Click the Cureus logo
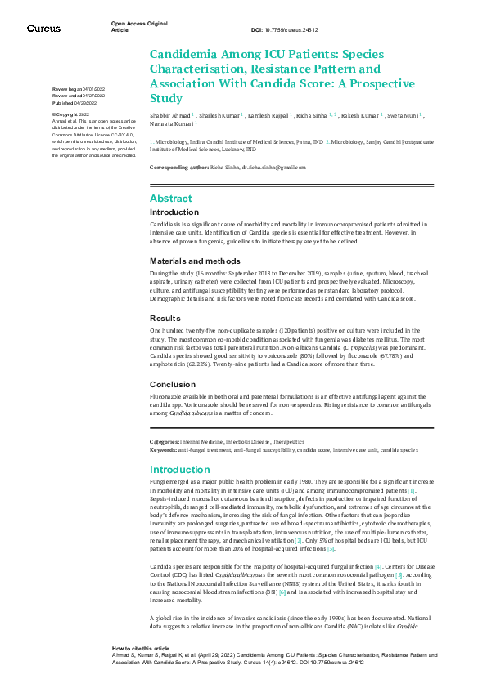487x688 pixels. click(43, 28)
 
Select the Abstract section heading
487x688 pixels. click(170, 199)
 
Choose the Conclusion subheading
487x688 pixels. click(173, 383)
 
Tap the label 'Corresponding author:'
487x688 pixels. click(182, 167)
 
